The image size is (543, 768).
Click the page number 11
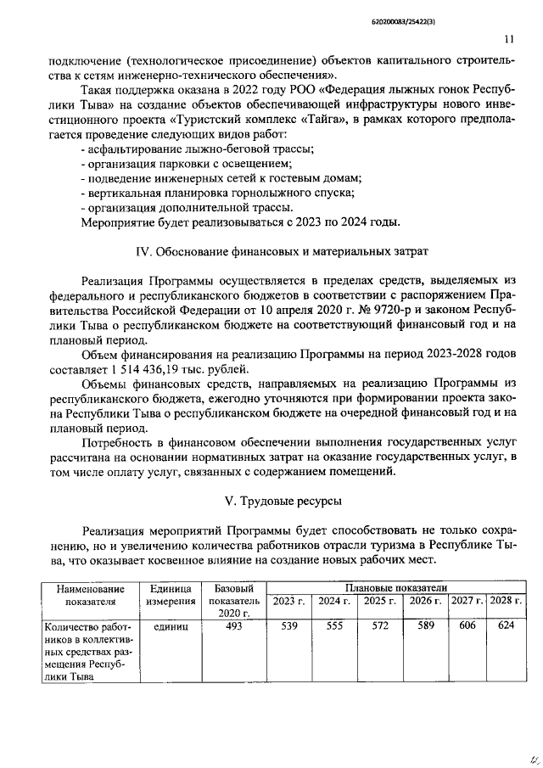click(x=508, y=39)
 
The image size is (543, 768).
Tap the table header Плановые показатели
click(x=395, y=588)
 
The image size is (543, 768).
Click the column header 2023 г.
click(x=289, y=601)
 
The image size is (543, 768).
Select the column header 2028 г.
click(x=506, y=601)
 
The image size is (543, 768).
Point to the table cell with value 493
click(x=232, y=626)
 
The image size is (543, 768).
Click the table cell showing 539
click(x=289, y=626)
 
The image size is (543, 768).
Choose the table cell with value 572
click(x=374, y=626)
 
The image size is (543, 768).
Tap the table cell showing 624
click(x=506, y=626)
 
